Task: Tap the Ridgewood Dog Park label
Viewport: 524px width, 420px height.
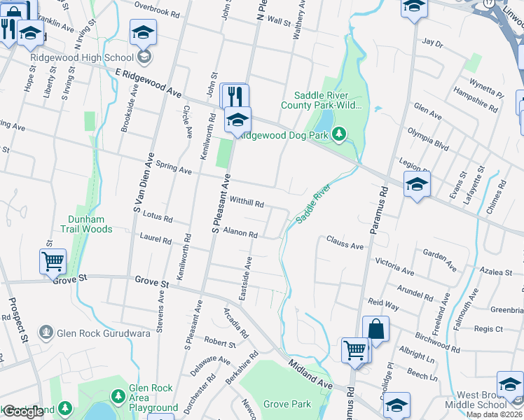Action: [282, 136]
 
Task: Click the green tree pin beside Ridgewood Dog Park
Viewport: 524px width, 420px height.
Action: [339, 133]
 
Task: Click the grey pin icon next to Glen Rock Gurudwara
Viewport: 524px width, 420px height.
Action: [46, 332]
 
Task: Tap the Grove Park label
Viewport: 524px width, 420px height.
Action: [287, 404]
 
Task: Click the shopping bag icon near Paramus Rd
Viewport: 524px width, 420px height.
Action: [375, 328]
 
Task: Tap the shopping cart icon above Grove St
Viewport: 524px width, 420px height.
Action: [53, 262]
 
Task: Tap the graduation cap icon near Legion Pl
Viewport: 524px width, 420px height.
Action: [417, 184]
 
